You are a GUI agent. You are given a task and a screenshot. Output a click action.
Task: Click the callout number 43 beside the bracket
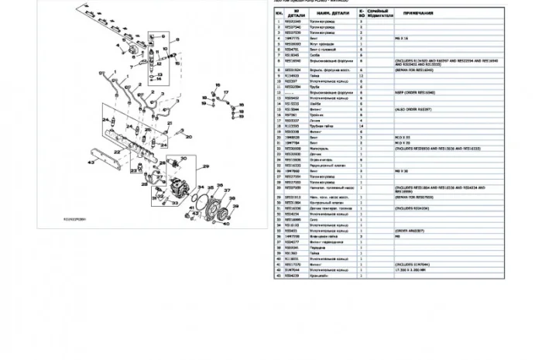pos(91,163)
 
